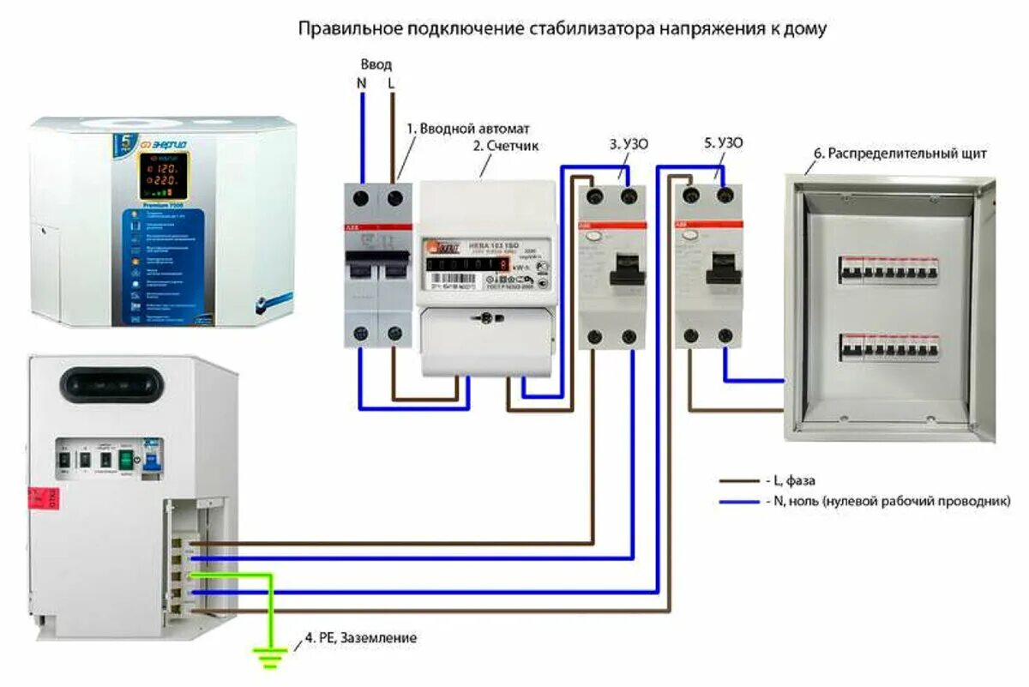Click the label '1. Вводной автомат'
tap(469, 128)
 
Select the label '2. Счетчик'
tap(506, 146)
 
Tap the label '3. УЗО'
tap(629, 144)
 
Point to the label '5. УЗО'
tap(724, 144)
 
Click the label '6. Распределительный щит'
tap(900, 154)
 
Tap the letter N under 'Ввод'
tap(361, 84)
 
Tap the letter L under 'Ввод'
tap(393, 84)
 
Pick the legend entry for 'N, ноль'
tap(883, 500)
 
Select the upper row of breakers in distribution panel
tap(889, 270)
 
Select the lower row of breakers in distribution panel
tap(889, 347)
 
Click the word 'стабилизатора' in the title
tap(591, 28)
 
